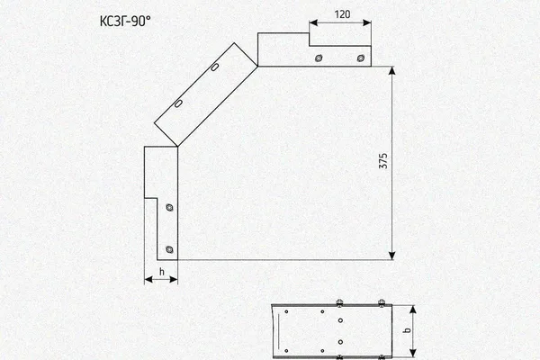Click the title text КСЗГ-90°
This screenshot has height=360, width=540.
125,22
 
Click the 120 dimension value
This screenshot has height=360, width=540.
342,14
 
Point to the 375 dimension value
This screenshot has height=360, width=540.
383,161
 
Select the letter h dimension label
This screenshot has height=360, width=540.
162,272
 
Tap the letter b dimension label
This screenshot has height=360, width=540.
408,330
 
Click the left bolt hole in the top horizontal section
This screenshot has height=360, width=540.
319,58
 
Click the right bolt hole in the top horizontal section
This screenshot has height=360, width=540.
361,58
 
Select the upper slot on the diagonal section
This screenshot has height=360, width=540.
214,67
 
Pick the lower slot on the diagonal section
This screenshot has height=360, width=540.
178,103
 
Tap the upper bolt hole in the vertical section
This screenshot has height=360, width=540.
169,207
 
